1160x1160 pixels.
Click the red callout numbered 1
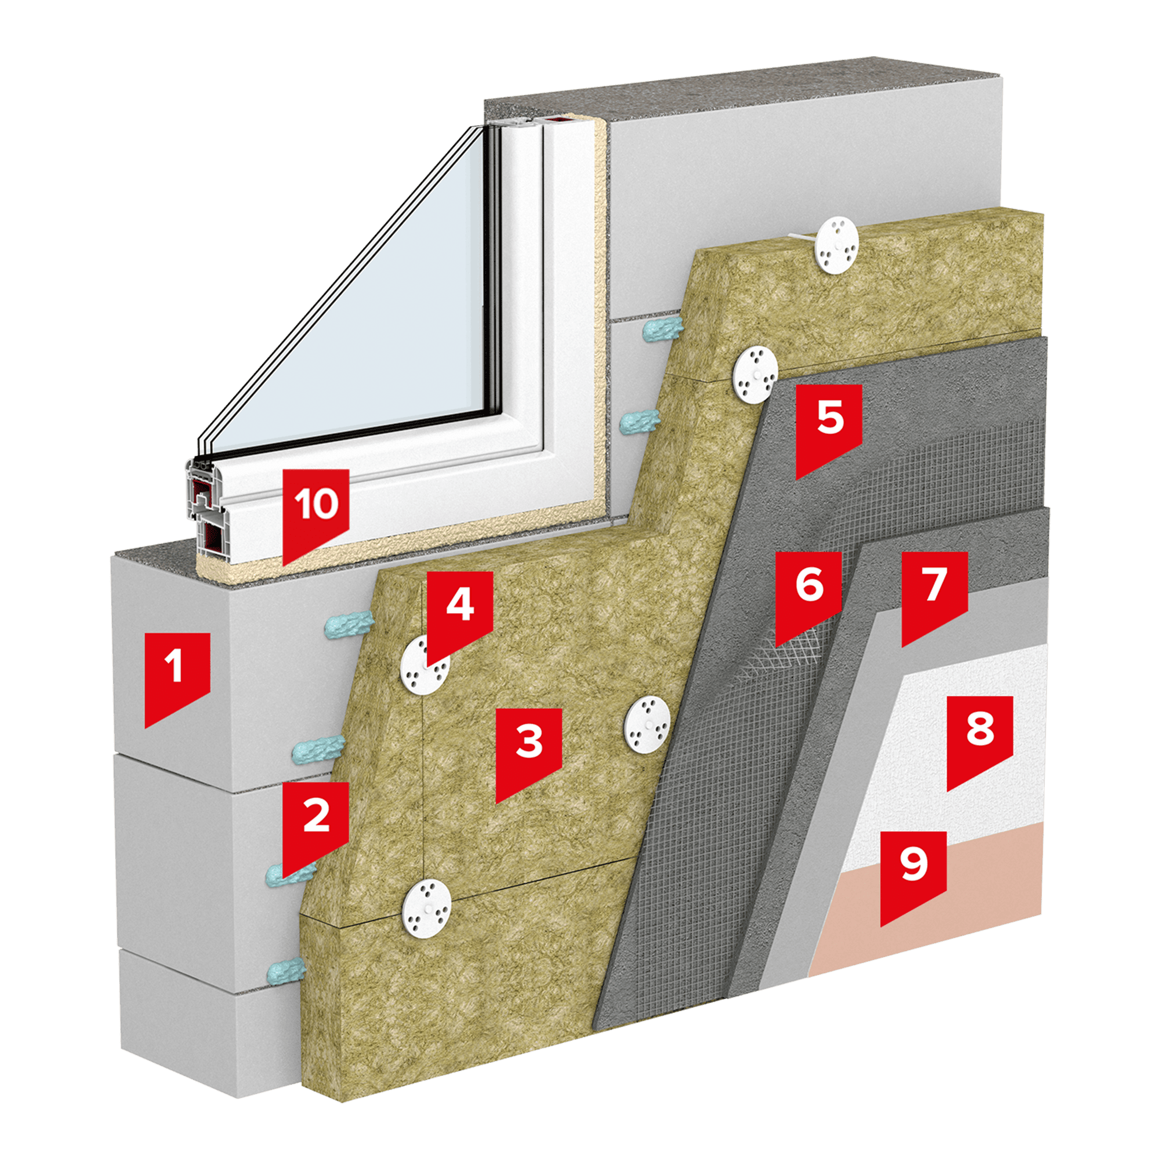(x=176, y=676)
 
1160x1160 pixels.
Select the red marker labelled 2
(x=316, y=825)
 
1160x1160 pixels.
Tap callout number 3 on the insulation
(x=528, y=751)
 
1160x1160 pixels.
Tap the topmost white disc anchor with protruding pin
(x=836, y=245)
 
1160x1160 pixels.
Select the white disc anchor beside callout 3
(x=647, y=723)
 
